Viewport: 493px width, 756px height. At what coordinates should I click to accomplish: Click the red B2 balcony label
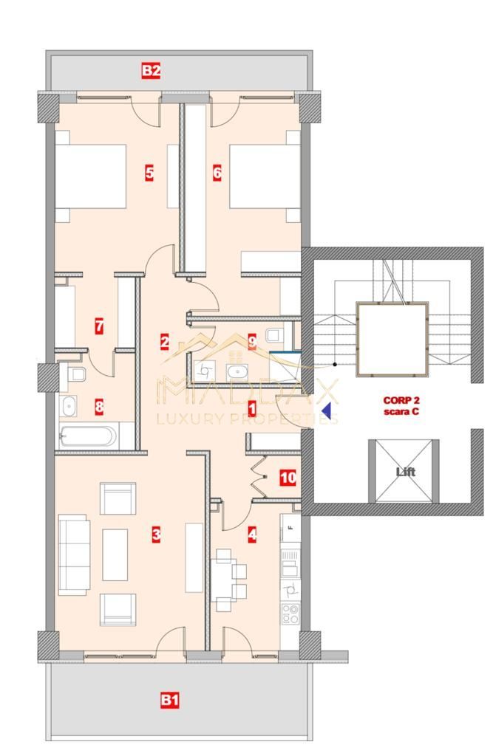[x=152, y=71]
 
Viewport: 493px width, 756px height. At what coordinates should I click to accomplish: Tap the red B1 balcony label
[x=170, y=699]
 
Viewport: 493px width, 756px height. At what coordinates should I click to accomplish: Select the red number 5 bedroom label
[x=149, y=173]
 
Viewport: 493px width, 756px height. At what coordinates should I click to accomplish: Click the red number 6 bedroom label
[x=217, y=173]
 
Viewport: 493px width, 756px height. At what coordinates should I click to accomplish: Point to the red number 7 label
[x=98, y=326]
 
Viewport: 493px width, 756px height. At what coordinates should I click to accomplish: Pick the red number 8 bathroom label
[x=98, y=405]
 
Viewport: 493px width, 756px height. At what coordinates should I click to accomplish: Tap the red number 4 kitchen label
[x=252, y=536]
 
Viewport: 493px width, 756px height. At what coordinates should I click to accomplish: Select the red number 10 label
[x=288, y=478]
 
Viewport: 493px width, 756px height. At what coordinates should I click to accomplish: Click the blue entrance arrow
[x=325, y=407]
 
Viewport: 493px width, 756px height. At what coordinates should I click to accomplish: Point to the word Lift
[x=404, y=472]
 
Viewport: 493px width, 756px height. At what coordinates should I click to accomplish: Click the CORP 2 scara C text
[x=401, y=406]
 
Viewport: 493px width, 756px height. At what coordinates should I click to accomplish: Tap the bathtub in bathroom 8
[x=87, y=436]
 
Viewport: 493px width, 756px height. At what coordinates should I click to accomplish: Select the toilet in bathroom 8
[x=76, y=374]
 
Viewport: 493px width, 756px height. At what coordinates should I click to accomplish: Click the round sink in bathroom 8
[x=69, y=405]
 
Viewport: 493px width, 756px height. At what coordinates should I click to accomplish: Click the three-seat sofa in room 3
[x=74, y=554]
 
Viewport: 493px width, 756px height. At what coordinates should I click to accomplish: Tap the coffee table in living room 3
[x=115, y=554]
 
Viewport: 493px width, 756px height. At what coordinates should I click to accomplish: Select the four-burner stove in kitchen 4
[x=290, y=613]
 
